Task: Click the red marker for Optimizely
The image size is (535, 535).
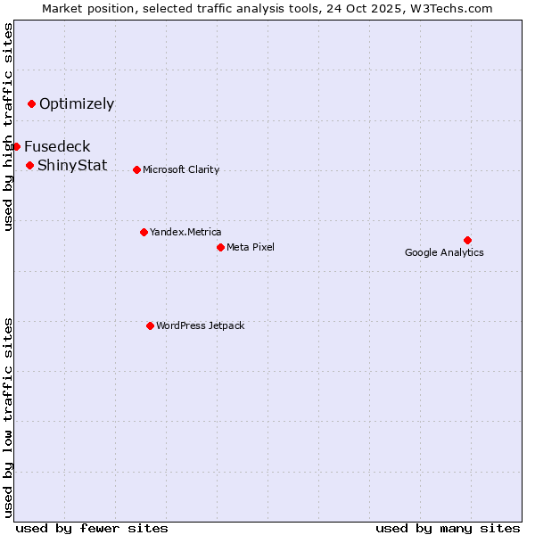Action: (x=31, y=103)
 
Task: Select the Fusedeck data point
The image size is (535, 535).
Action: (x=16, y=146)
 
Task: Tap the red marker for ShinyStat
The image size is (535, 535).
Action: (x=29, y=165)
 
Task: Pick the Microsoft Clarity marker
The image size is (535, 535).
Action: (x=136, y=169)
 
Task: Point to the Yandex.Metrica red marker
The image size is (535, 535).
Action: (x=144, y=232)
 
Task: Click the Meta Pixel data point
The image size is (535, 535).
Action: (x=220, y=247)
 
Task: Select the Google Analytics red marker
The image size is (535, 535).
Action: (x=467, y=240)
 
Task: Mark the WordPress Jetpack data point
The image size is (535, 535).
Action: (x=150, y=325)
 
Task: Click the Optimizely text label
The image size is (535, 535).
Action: (x=77, y=103)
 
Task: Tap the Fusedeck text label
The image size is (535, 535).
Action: (x=57, y=146)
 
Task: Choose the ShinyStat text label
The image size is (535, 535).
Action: (x=72, y=165)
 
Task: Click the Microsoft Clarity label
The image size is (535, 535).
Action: (x=181, y=169)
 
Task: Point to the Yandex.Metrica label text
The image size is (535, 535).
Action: (x=185, y=232)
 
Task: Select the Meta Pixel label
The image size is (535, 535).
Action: (x=251, y=247)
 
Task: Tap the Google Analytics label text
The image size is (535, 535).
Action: (x=444, y=252)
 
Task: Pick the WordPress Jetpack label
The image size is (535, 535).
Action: (x=200, y=325)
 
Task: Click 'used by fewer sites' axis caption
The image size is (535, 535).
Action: (x=92, y=528)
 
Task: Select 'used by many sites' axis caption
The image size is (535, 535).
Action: (x=448, y=528)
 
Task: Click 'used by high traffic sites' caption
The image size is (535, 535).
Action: (x=8, y=127)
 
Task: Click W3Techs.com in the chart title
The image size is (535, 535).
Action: (x=454, y=8)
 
